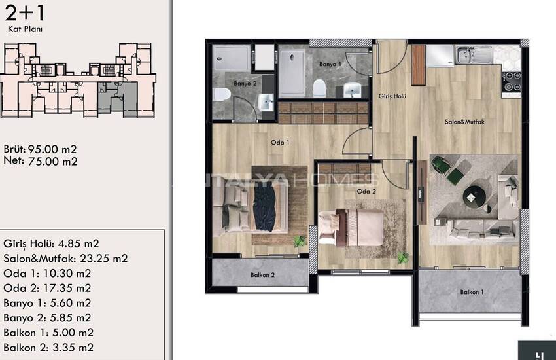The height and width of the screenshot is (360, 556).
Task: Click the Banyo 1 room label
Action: [330, 64]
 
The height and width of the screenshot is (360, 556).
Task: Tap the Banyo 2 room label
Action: [245, 84]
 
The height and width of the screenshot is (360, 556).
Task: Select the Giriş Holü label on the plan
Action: [392, 96]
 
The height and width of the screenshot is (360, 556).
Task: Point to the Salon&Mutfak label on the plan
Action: [464, 122]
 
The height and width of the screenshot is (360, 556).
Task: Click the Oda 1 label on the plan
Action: [280, 143]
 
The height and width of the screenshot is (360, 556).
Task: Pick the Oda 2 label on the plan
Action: [366, 192]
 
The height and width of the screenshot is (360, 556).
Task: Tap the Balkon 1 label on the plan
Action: [472, 293]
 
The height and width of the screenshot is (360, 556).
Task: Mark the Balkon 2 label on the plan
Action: [262, 275]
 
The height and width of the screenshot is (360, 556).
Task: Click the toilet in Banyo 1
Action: [319, 88]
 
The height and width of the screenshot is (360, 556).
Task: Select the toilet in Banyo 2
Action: [222, 95]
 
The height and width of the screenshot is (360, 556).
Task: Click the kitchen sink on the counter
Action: [474, 56]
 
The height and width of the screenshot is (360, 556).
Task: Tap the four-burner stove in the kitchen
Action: [511, 82]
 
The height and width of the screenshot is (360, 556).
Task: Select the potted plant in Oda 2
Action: [402, 257]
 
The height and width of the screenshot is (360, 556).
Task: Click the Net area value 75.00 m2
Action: [52, 162]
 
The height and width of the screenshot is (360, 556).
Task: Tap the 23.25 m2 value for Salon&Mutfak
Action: [103, 258]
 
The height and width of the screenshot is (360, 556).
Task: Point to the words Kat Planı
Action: [25, 29]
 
